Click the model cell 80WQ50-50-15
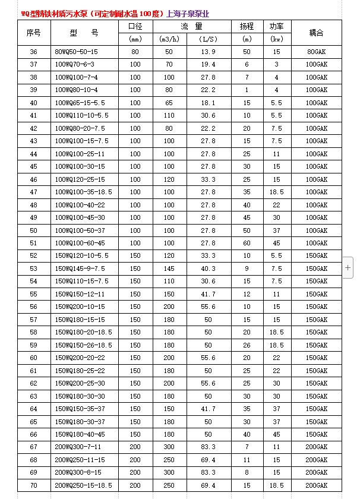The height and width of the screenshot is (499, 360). point(76,52)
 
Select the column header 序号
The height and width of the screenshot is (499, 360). point(33,33)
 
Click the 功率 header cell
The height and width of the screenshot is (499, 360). point(276,27)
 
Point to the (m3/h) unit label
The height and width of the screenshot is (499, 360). point(169,39)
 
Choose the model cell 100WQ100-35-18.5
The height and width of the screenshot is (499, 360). point(83,192)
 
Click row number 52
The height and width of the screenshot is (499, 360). point(33,255)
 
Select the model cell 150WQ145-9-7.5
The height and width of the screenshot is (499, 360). point(80,269)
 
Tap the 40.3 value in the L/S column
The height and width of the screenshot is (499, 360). point(208,269)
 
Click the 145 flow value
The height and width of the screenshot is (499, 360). point(169,269)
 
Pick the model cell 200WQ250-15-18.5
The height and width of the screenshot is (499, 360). point(83,485)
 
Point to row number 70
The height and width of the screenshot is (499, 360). point(33,485)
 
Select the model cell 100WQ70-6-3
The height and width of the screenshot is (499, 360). point(74,64)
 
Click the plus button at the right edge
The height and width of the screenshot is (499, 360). point(348,268)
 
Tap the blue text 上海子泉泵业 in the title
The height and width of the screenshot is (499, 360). point(188,14)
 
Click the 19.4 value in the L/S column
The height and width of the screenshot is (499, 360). point(208,64)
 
